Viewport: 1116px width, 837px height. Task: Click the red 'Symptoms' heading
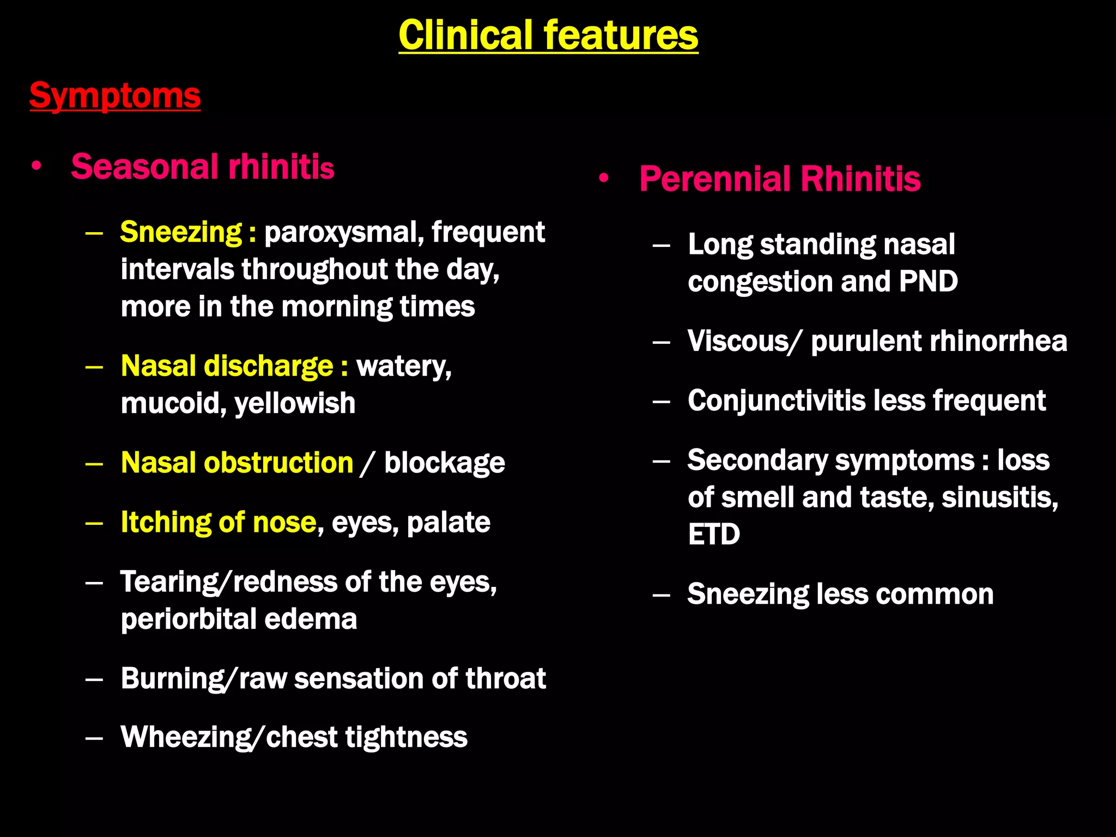115,96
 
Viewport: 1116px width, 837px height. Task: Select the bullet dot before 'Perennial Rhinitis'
603,178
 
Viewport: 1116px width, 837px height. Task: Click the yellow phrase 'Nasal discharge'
227,366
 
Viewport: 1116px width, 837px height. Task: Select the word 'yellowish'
295,404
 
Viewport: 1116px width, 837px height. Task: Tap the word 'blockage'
445,463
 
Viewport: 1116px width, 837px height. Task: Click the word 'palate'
448,523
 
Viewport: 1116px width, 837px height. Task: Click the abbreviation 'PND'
928,282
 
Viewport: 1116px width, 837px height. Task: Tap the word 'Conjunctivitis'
777,401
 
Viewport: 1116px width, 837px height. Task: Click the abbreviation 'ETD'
714,534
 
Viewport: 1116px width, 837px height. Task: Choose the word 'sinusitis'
999,498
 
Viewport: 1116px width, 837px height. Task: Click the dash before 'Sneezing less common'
661,595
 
